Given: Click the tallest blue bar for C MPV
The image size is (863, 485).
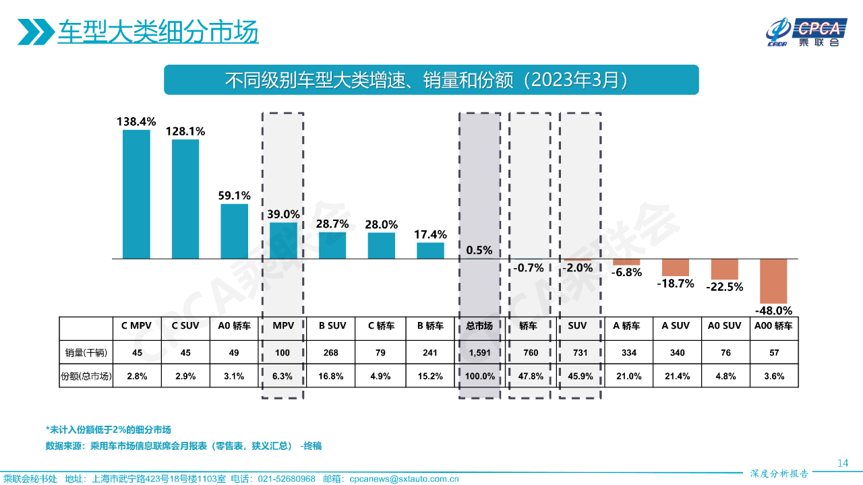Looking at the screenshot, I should (136, 194).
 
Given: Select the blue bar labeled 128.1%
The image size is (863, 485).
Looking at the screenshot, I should (185, 199).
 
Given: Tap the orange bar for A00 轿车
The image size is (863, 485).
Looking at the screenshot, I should (773, 281).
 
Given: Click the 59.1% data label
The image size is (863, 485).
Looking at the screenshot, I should (234, 195).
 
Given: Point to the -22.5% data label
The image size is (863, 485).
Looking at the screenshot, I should (724, 287).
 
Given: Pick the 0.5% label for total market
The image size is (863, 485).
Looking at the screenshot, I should (479, 251).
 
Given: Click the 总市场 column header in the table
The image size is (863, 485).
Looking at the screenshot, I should (479, 326).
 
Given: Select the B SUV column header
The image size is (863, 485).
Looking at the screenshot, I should (332, 326).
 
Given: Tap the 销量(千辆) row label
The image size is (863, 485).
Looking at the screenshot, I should (86, 352).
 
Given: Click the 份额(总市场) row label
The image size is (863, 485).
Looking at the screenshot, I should (86, 377).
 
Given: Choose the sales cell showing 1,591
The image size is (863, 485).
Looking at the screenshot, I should (479, 352).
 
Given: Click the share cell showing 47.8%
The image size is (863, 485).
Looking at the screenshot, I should (529, 377).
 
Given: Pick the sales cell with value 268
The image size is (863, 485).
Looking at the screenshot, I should (332, 352).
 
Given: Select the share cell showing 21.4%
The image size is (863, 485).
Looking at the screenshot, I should (676, 377).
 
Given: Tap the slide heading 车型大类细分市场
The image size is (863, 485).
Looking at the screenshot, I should (158, 32).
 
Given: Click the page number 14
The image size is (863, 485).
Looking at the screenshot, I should (842, 463).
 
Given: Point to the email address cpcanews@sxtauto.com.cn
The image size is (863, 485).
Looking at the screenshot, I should (404, 479).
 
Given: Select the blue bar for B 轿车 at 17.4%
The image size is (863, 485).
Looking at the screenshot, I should (430, 251).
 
